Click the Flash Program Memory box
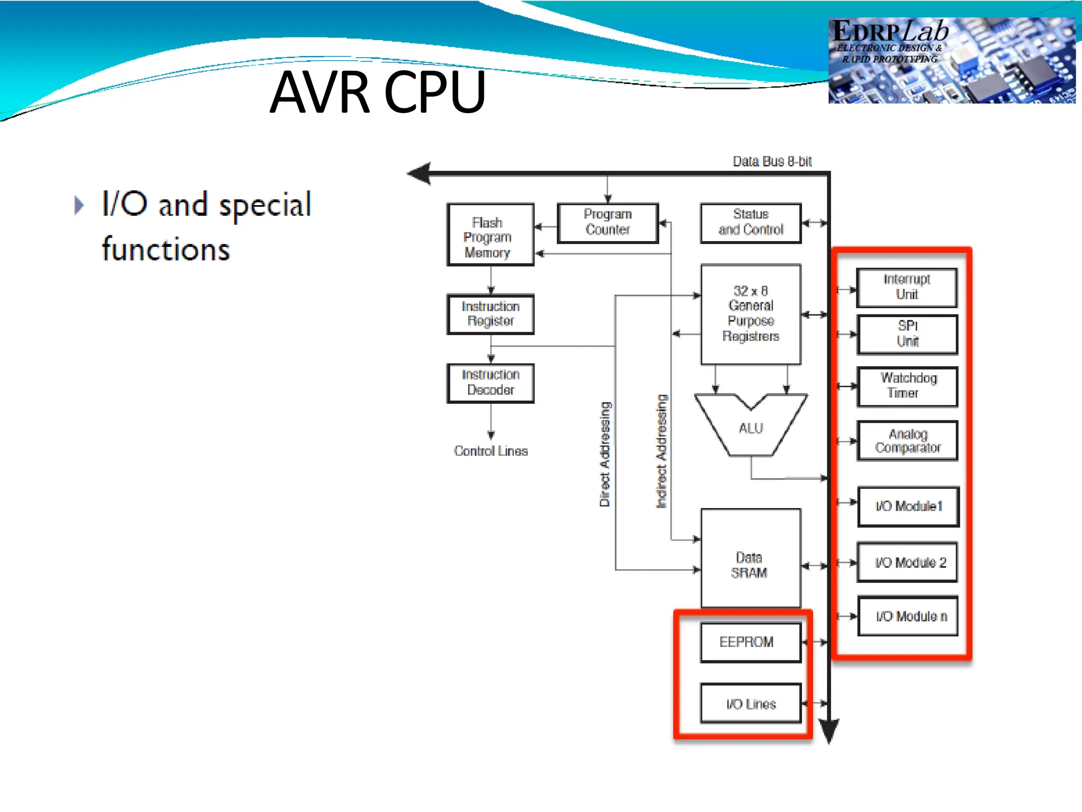(x=490, y=235)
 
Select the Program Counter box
(x=608, y=223)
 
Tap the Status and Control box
(x=751, y=223)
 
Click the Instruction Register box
(x=490, y=314)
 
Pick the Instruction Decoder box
(x=490, y=383)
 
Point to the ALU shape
(x=751, y=428)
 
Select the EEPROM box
(x=750, y=642)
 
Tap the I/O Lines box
(x=750, y=704)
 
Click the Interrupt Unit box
(x=907, y=288)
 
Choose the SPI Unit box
(x=907, y=334)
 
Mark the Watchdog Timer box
(x=907, y=386)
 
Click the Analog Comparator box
(x=907, y=441)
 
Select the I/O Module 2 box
(x=907, y=562)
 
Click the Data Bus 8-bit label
(x=772, y=162)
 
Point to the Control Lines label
(x=491, y=451)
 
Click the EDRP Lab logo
(x=951, y=60)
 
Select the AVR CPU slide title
(x=377, y=93)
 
